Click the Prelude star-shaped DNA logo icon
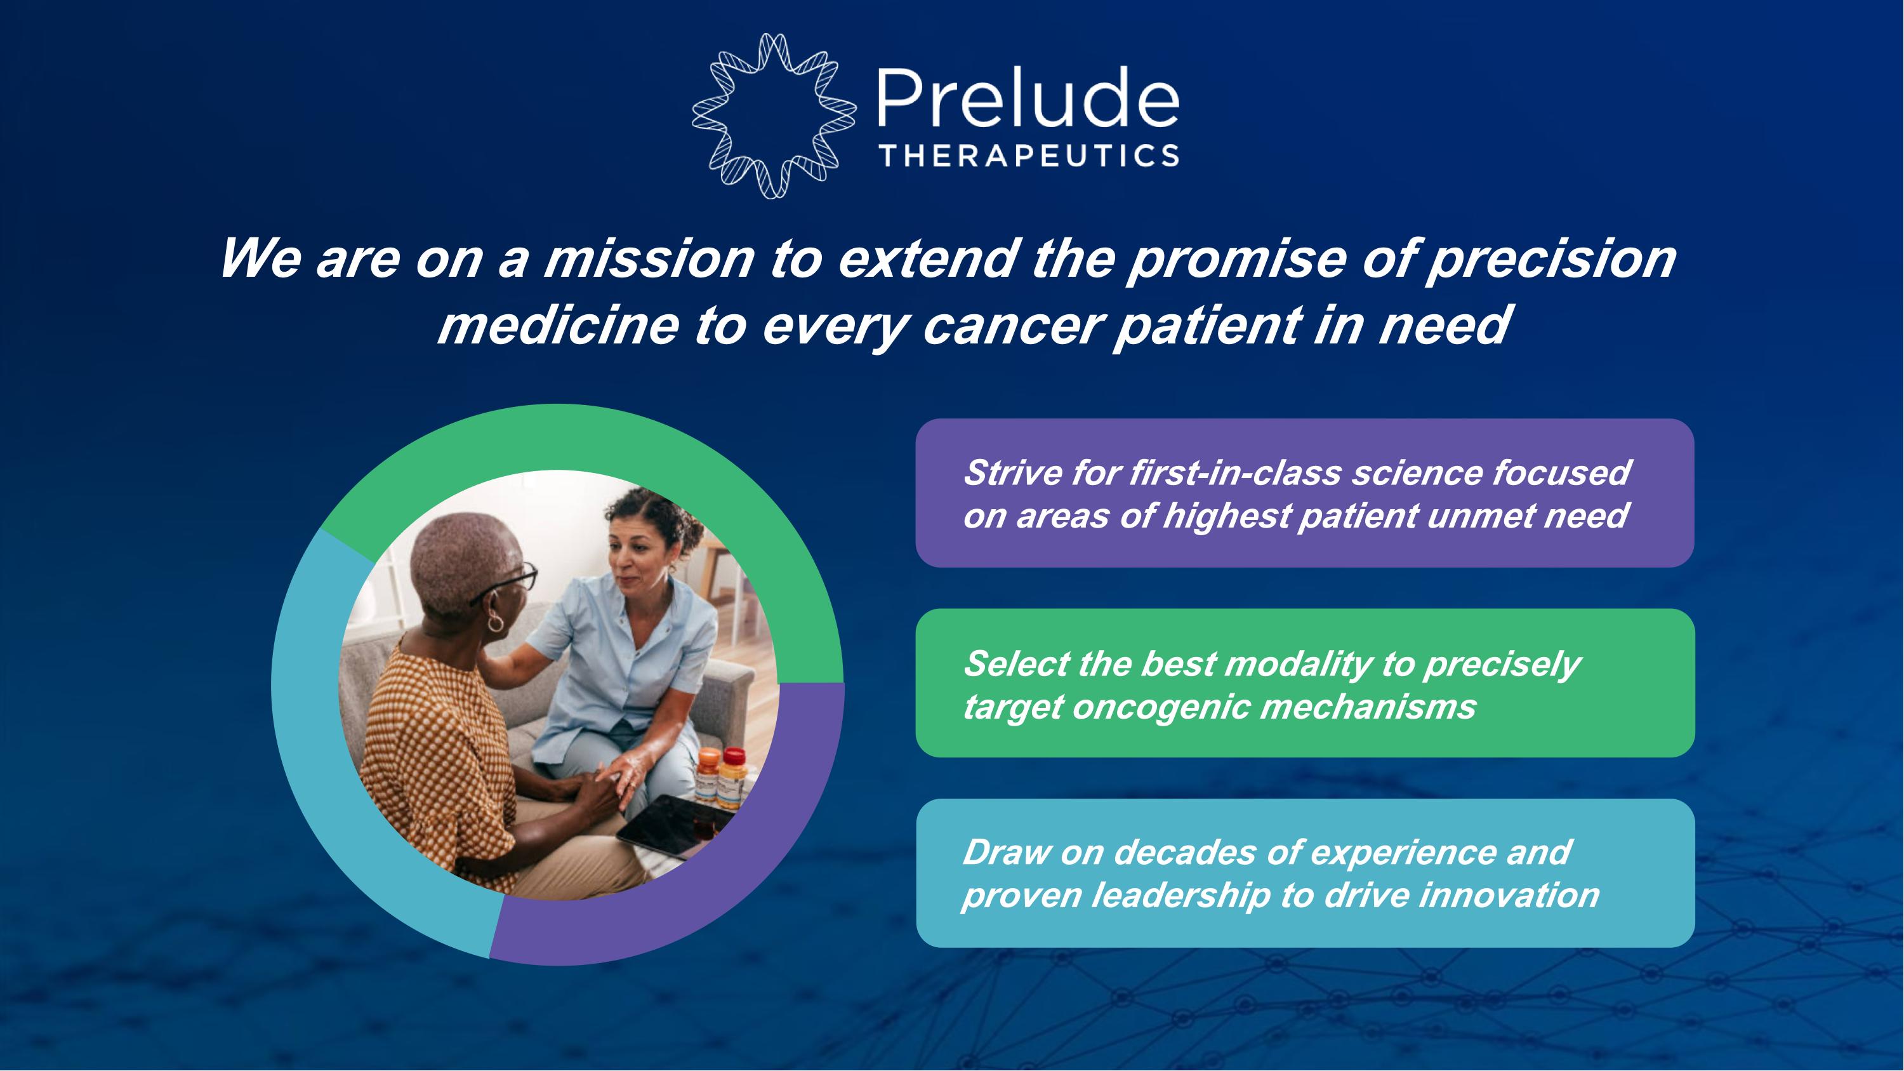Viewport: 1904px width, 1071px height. coord(774,116)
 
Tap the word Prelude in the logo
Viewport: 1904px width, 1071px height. coord(1028,98)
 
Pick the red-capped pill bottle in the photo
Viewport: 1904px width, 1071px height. coord(733,778)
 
